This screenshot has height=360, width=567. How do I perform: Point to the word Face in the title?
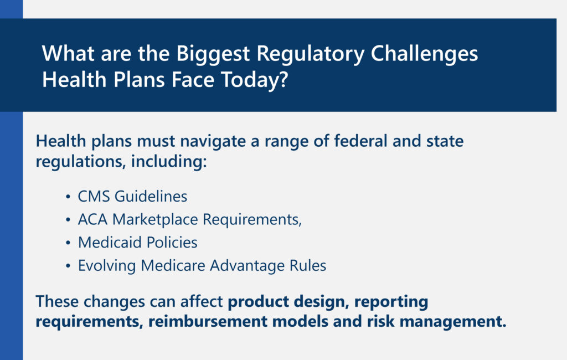(x=193, y=80)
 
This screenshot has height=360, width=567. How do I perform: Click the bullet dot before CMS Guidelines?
(x=68, y=197)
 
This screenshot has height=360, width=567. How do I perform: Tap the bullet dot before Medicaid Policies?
(x=68, y=243)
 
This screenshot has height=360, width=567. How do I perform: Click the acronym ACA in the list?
(x=92, y=220)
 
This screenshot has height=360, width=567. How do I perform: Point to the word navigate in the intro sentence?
(x=213, y=142)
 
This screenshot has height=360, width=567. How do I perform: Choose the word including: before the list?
(x=169, y=162)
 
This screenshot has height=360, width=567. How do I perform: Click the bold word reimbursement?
(x=208, y=321)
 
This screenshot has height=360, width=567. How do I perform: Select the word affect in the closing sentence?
(x=202, y=301)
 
